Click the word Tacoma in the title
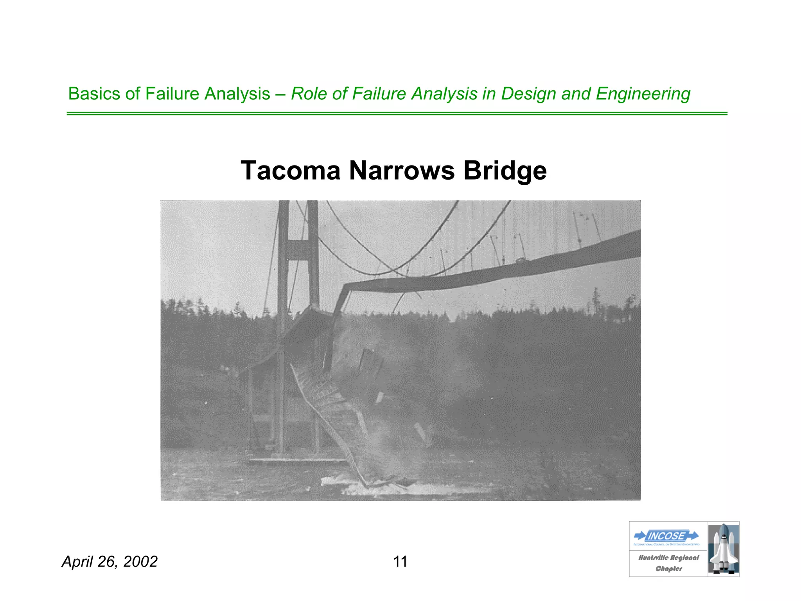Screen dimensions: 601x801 pyautogui.click(x=290, y=171)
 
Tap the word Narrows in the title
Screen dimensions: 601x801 pyautogui.click(x=402, y=171)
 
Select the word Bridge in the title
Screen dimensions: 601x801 pyautogui.click(x=505, y=171)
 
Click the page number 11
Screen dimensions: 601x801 pyautogui.click(x=400, y=561)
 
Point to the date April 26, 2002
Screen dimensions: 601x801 pyautogui.click(x=110, y=561)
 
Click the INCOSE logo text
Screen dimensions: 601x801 pyautogui.click(x=666, y=536)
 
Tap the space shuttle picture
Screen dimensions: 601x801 pyautogui.click(x=723, y=549)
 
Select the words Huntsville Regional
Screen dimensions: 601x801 pyautogui.click(x=668, y=558)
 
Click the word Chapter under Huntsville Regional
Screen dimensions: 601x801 pyautogui.click(x=668, y=569)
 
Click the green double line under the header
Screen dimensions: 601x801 pyautogui.click(x=397, y=113)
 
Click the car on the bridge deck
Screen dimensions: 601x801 pyautogui.click(x=522, y=259)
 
